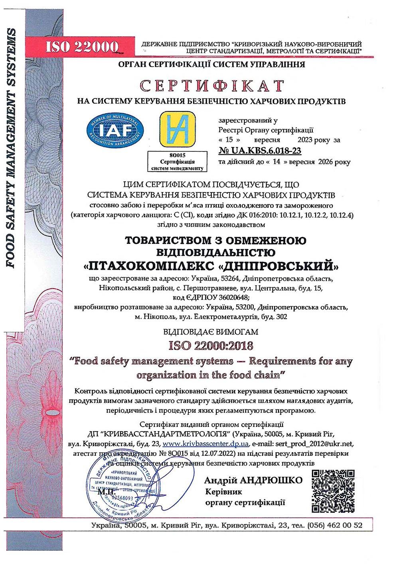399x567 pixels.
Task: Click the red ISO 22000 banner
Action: pyautogui.click(x=81, y=47)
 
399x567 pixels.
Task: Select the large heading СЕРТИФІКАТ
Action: pyautogui.click(x=211, y=86)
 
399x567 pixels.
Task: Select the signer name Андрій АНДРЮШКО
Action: pyautogui.click(x=253, y=480)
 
